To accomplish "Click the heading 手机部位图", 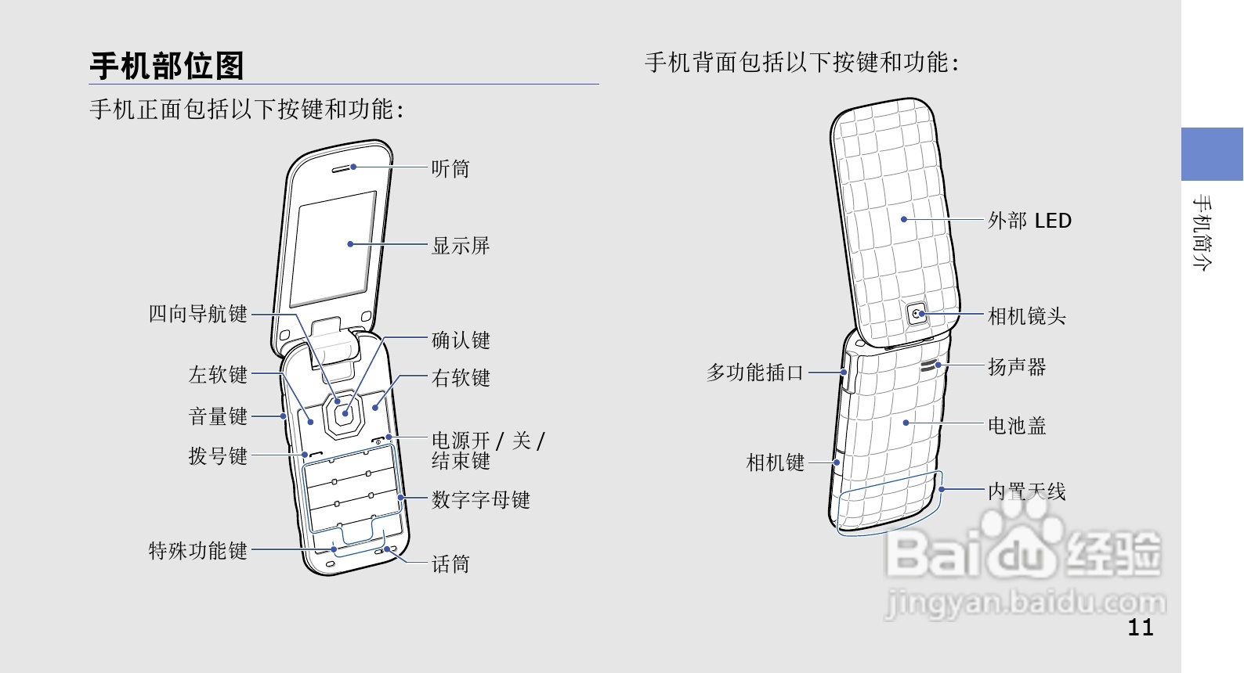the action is coord(167,66).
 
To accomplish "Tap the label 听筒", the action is coord(450,168).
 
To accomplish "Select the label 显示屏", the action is coord(461,246).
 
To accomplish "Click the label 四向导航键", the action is coord(198,315).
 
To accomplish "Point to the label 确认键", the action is coord(461,340).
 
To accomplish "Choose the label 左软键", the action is coord(218,375).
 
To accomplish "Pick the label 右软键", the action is coord(461,378).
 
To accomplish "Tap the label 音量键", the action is coord(218,416).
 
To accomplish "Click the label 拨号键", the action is coord(218,455).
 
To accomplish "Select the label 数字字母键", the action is coord(480,499).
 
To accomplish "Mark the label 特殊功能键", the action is coord(198,551).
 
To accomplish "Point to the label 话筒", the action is coord(450,563).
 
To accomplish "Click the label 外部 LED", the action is coord(1029,221).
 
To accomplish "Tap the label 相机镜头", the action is coord(1026,316).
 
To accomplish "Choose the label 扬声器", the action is coord(1017,366).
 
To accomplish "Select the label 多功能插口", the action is coord(755,372).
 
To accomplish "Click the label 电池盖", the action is coord(1017,426).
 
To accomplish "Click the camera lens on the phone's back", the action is coord(917,314).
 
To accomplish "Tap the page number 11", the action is coord(1141,627).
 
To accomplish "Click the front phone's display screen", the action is coord(333,249).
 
